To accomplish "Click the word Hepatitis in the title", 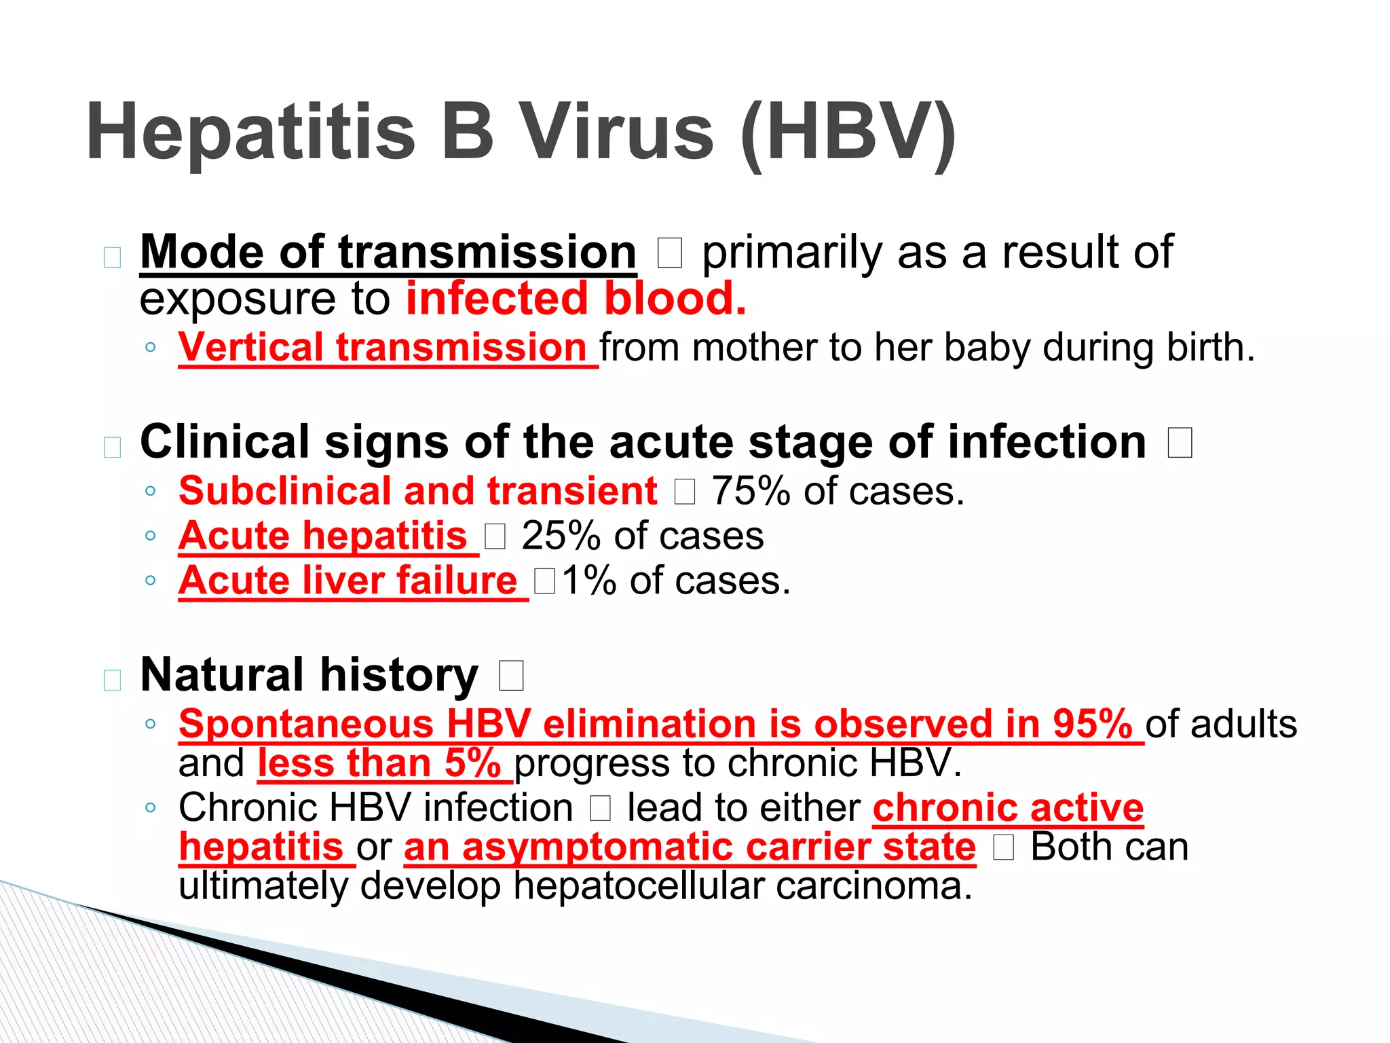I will tap(250, 132).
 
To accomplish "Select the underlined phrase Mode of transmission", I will tap(388, 253).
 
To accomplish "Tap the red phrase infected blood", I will tap(576, 299).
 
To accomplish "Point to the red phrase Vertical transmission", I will tap(383, 348).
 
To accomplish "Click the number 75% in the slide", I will tap(751, 491).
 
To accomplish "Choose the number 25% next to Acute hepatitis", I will tap(561, 536).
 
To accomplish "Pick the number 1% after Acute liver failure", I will tap(589, 581).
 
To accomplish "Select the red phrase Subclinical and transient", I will tap(418, 491).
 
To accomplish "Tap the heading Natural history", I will tap(309, 675).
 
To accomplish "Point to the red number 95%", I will tap(1093, 724).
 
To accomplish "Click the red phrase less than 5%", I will tap(379, 763).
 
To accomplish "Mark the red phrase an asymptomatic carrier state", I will tap(690, 847).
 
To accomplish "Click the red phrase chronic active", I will tap(1009, 808).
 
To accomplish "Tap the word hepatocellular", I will tap(638, 886).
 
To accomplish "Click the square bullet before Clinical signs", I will tap(113, 447).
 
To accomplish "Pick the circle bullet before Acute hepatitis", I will tap(151, 536).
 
